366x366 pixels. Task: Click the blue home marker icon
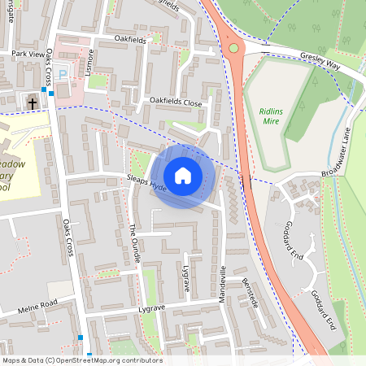click(182, 176)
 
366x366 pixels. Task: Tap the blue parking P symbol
click(63, 74)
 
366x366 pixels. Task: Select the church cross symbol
click(31, 102)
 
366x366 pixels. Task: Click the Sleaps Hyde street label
click(146, 184)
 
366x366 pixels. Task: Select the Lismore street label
click(91, 60)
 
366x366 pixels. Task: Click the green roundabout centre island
click(235, 49)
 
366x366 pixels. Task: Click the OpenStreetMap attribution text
click(81, 360)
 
